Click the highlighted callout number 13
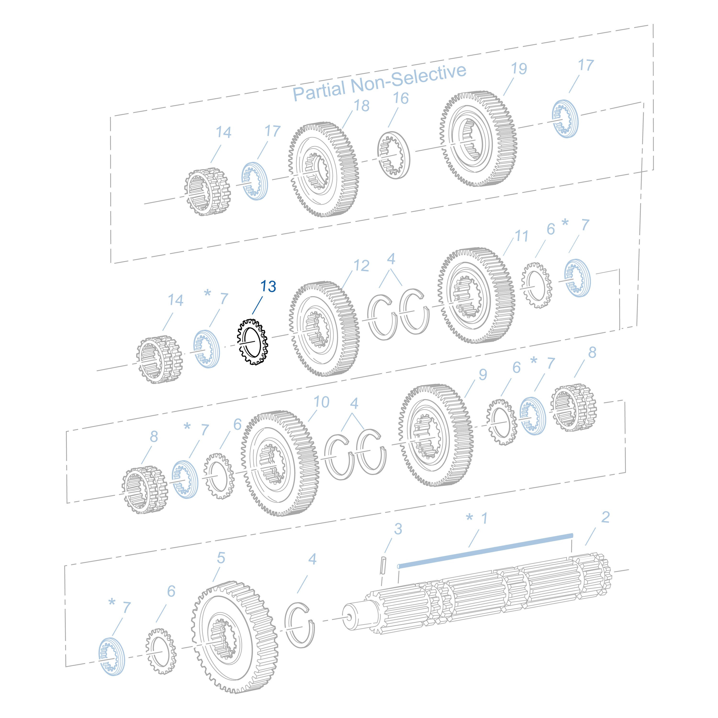coord(268,286)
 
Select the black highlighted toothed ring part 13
coord(253,342)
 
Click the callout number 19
coord(519,68)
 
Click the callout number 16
coord(401,98)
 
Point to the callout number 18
coord(361,106)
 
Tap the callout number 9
coord(483,374)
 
